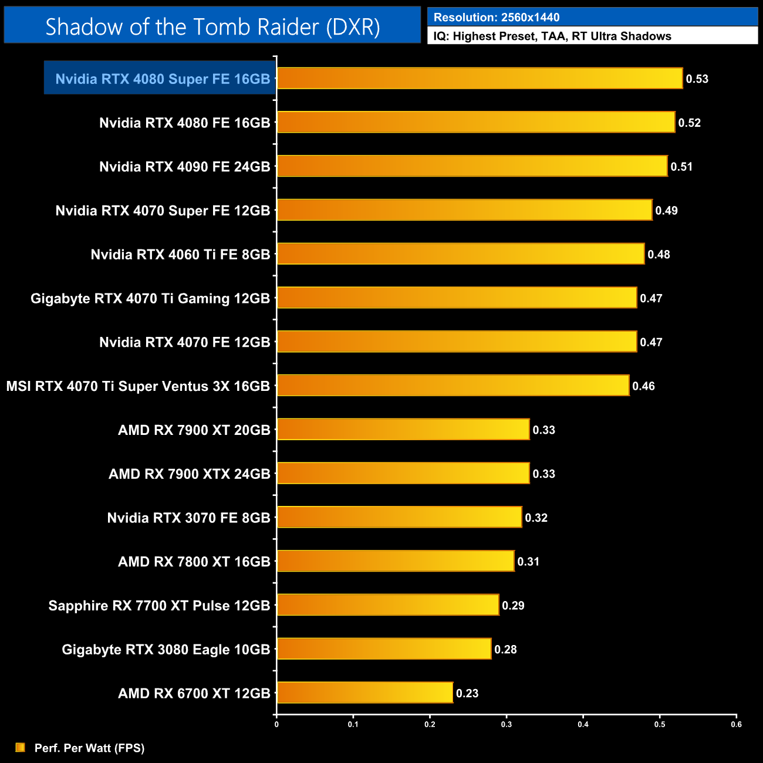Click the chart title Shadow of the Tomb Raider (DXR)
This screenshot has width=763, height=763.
[x=212, y=27]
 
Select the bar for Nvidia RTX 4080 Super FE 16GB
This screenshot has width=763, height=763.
[x=480, y=79]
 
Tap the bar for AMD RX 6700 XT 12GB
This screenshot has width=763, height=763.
[x=364, y=693]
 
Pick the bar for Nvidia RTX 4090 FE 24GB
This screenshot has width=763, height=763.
[x=472, y=166]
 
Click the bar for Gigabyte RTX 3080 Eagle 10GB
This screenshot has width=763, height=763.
[x=384, y=649]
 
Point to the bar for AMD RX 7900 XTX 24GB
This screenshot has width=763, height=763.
[x=403, y=473]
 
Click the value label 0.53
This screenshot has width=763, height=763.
[x=697, y=79]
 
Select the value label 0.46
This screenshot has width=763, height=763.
[x=643, y=386]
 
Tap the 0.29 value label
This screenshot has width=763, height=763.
[x=513, y=606]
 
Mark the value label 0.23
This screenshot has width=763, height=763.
[x=467, y=693]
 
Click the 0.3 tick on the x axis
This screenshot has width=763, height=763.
[x=507, y=724]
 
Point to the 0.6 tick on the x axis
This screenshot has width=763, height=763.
[x=736, y=724]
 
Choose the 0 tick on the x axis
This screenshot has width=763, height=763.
[x=276, y=724]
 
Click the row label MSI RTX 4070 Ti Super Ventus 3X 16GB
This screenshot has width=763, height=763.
[x=138, y=386]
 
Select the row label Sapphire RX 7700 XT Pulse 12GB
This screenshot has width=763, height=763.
[x=159, y=606]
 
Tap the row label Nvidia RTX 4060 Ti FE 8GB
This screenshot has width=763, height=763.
[x=180, y=255]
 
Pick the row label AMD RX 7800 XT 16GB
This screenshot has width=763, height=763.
[x=194, y=562]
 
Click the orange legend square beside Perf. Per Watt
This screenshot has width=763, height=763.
[x=21, y=747]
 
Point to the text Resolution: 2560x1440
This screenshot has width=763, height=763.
[x=497, y=18]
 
